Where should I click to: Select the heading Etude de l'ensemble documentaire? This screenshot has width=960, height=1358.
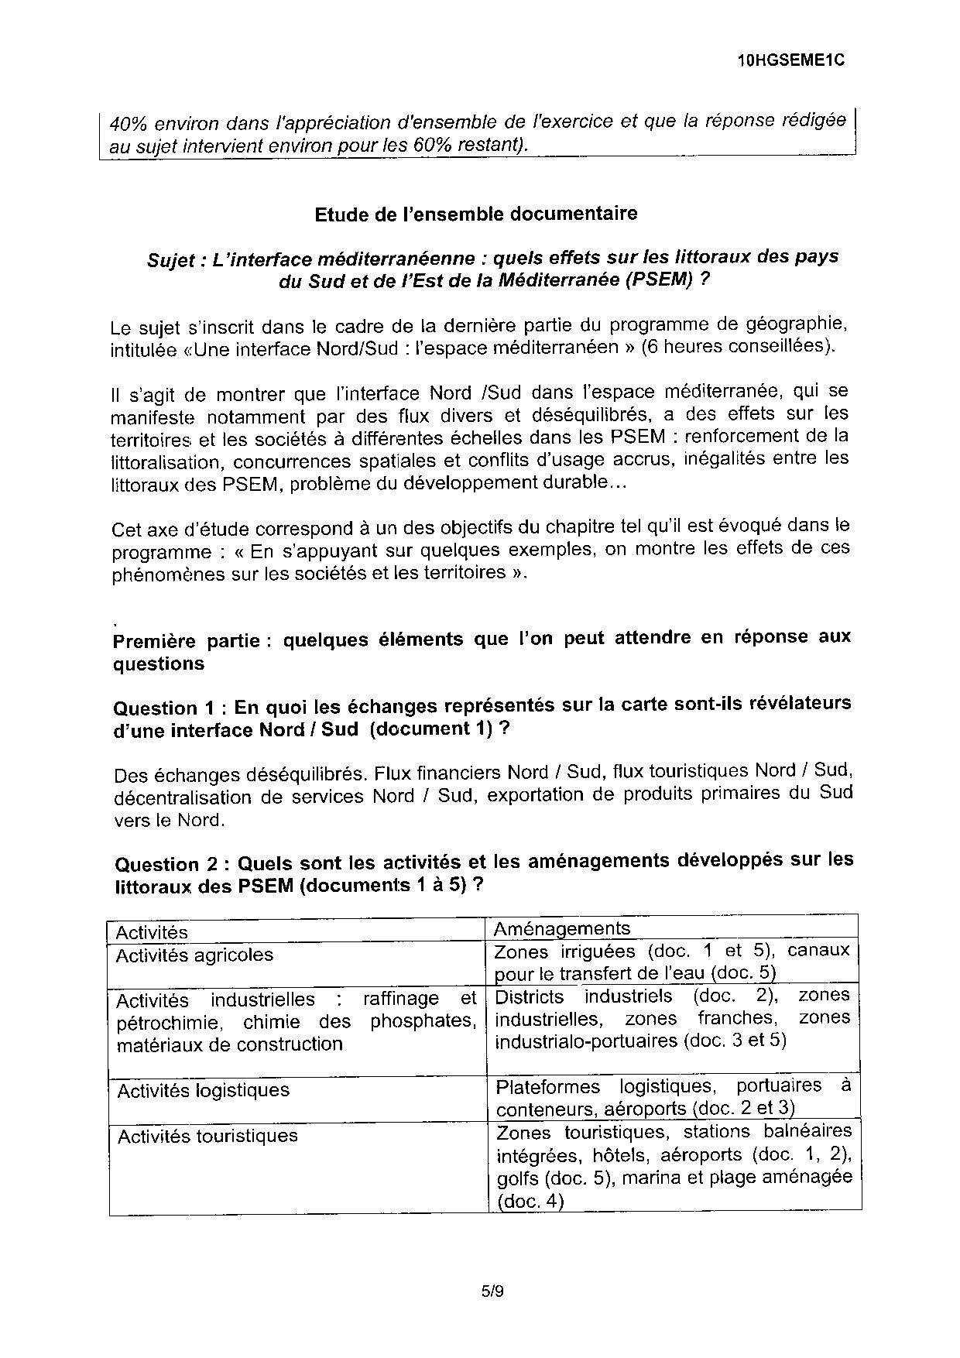point(476,214)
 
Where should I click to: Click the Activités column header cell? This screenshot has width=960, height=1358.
point(152,932)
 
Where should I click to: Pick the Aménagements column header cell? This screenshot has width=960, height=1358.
point(562,928)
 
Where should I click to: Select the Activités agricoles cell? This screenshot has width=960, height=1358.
point(194,955)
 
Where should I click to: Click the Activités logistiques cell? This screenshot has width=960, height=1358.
point(203,1091)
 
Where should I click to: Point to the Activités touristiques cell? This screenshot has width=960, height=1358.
point(207,1136)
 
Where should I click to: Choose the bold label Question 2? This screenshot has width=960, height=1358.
point(168,864)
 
